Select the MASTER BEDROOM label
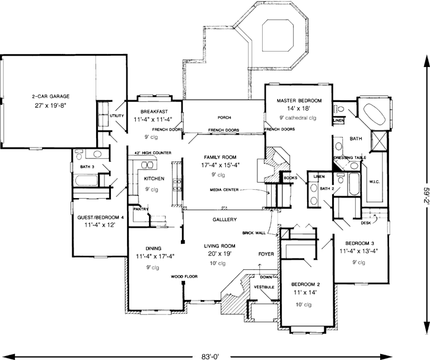(x=299, y=101)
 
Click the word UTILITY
(x=116, y=116)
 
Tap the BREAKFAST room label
(x=154, y=111)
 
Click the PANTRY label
(x=141, y=209)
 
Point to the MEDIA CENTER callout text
(x=223, y=190)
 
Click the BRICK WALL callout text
(x=253, y=233)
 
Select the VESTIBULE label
(x=264, y=287)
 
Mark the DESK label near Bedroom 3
(x=365, y=223)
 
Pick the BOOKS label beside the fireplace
(x=290, y=177)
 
